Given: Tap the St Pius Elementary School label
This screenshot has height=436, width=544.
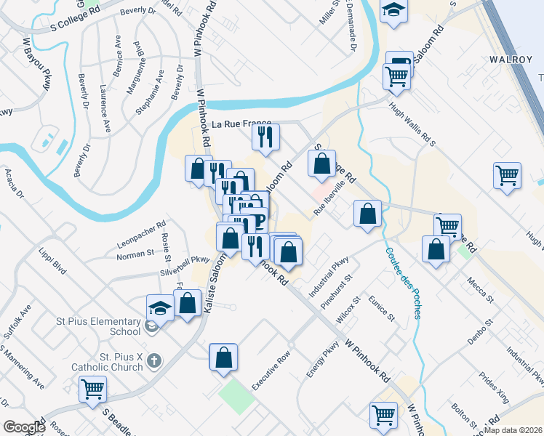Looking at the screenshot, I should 99,326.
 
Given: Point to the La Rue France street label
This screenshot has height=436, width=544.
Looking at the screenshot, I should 241,124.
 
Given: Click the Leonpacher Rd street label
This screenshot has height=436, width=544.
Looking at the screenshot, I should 141,233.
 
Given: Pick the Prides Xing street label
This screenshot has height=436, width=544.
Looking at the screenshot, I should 495,387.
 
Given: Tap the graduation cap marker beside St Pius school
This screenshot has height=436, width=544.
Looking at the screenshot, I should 160,308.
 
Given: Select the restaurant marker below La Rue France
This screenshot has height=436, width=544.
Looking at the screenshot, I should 265,137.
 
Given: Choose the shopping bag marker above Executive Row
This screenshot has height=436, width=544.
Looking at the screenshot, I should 223,358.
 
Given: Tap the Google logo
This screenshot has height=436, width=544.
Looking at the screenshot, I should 24,427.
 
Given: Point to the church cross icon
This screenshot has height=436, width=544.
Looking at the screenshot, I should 153,359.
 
